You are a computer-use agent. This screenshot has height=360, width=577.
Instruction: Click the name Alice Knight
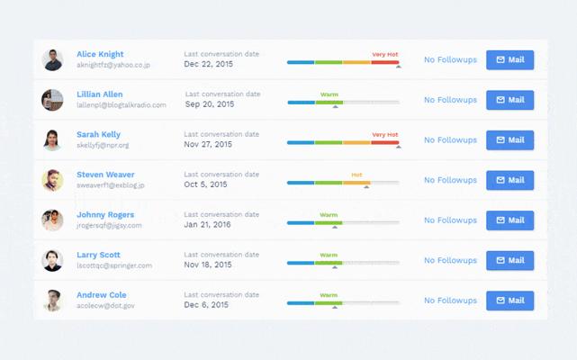(100, 54)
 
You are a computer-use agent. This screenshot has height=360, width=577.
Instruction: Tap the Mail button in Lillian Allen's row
(509, 100)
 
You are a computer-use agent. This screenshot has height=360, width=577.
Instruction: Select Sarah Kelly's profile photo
(52, 139)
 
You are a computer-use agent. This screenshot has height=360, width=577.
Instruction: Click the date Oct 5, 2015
(205, 184)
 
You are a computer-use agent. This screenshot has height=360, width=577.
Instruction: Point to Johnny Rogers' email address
(109, 225)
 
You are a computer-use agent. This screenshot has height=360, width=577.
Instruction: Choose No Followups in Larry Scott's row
(450, 260)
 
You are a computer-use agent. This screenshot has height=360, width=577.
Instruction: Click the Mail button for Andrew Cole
(509, 301)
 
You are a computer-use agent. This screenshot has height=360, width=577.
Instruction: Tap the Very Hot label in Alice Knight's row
(385, 55)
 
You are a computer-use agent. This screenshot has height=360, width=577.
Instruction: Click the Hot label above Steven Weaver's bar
(356, 175)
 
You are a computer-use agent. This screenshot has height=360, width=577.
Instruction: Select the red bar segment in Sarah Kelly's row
(385, 142)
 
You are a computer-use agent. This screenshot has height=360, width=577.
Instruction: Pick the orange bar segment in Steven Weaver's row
(356, 183)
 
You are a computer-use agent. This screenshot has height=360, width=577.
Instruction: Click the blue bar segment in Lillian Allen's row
(301, 103)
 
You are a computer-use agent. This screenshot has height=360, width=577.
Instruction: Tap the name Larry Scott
(98, 255)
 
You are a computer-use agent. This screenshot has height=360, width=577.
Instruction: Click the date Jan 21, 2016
(207, 224)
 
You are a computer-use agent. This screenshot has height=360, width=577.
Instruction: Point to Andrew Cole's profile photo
(52, 301)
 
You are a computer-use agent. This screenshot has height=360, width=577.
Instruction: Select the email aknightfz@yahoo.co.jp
(113, 65)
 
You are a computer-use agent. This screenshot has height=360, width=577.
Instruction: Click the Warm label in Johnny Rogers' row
(329, 215)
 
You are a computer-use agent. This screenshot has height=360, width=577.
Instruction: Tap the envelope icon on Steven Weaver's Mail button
(500, 180)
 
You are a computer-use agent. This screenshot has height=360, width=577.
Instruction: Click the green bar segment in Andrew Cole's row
(329, 303)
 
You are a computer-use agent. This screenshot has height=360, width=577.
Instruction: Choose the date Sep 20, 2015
(210, 104)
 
